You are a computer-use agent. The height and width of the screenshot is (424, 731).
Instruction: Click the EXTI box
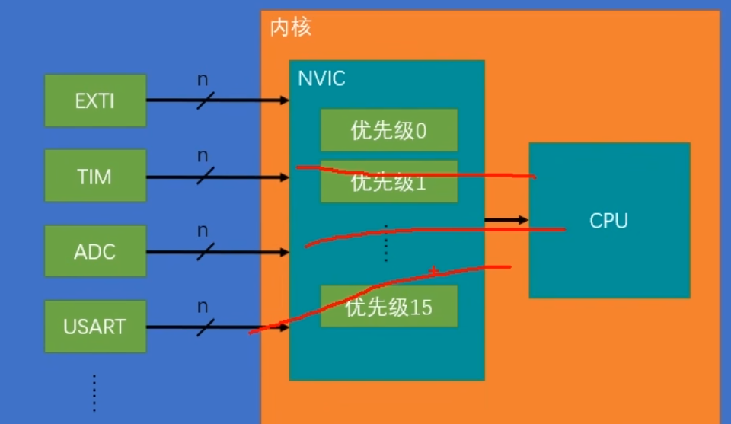point(95,100)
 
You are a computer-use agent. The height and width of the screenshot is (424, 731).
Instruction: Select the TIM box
point(95,176)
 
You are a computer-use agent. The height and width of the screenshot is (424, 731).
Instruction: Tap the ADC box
point(95,251)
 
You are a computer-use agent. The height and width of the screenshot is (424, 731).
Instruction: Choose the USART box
point(95,327)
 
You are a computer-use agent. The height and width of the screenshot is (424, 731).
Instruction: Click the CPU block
point(609,221)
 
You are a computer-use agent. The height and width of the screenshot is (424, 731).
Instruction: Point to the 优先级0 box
point(388,130)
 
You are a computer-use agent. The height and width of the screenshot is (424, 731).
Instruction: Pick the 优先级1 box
point(388,182)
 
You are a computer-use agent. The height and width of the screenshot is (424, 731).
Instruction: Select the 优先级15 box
point(388,307)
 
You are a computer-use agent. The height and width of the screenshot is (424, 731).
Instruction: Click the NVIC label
point(321,78)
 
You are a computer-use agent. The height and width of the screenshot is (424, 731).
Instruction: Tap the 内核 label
point(290,28)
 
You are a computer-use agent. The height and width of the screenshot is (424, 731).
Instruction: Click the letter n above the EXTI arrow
point(203,80)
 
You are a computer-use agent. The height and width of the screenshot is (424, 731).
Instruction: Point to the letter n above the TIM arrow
point(203,156)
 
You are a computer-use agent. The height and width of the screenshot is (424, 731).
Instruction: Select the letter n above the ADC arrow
point(203,230)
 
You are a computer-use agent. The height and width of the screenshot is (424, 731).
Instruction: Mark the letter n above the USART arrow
point(203,306)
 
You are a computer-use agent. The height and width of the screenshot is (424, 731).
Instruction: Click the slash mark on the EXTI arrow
point(206,100)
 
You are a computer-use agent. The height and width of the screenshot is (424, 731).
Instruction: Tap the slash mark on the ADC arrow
point(206,250)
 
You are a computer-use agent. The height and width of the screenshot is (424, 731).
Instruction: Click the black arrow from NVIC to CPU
point(506,220)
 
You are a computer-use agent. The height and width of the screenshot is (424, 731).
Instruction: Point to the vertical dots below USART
point(94,392)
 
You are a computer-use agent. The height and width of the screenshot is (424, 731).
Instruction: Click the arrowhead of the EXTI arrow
point(284,100)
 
